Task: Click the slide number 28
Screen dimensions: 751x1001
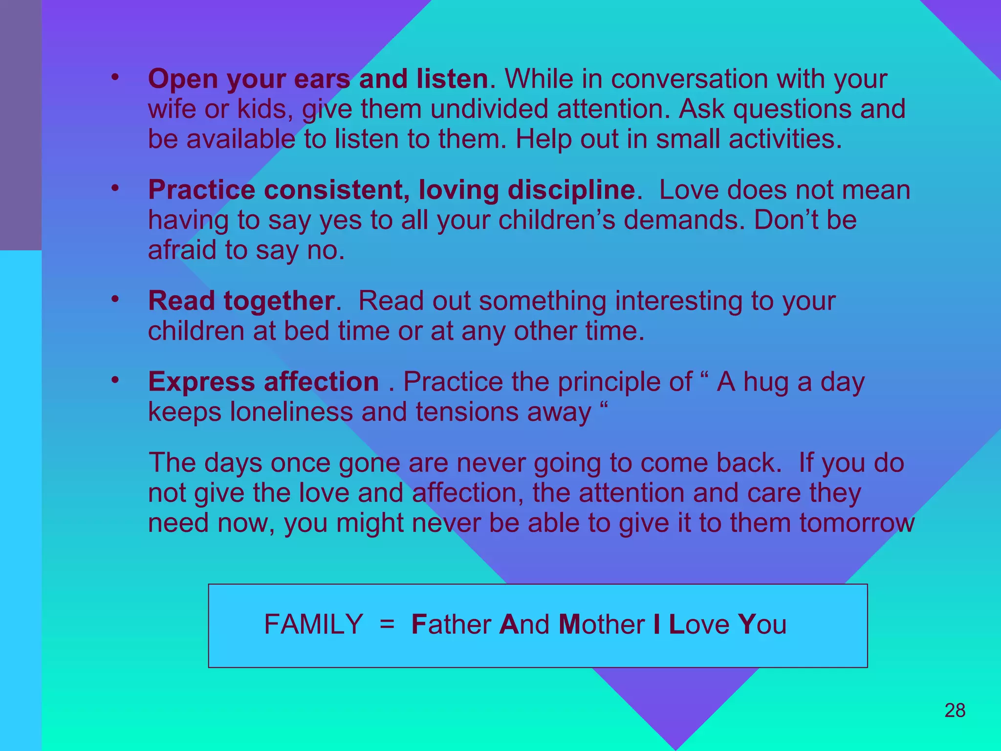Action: point(955,710)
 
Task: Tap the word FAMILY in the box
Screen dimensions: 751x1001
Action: point(313,624)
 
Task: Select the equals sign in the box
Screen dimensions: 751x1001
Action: point(387,624)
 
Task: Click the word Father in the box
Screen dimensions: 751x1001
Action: point(451,624)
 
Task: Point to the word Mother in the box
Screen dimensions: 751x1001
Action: point(601,624)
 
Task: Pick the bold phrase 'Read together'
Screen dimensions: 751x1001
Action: point(241,301)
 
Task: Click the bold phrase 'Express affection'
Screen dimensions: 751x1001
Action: point(263,381)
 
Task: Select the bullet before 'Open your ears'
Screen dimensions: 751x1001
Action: point(115,78)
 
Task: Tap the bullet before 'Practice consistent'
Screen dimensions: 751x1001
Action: point(115,188)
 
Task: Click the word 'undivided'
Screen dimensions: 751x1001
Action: point(489,109)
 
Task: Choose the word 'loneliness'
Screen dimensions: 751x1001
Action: point(291,412)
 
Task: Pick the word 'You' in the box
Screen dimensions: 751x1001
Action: point(762,624)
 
